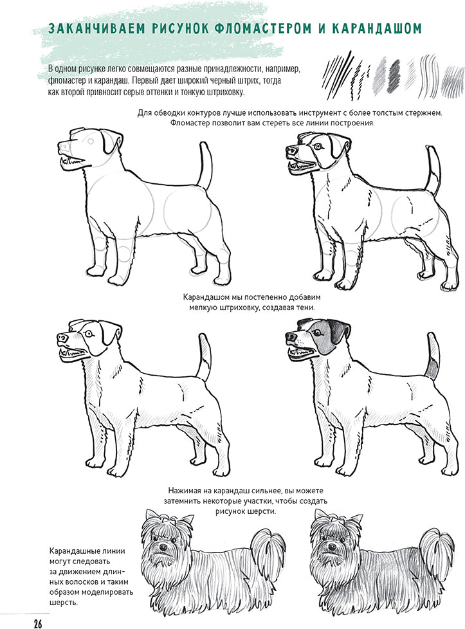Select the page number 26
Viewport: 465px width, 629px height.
(x=38, y=623)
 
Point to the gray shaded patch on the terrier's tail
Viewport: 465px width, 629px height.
(x=432, y=367)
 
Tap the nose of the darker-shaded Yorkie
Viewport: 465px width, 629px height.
(x=332, y=547)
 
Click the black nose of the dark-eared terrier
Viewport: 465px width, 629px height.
(x=291, y=335)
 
